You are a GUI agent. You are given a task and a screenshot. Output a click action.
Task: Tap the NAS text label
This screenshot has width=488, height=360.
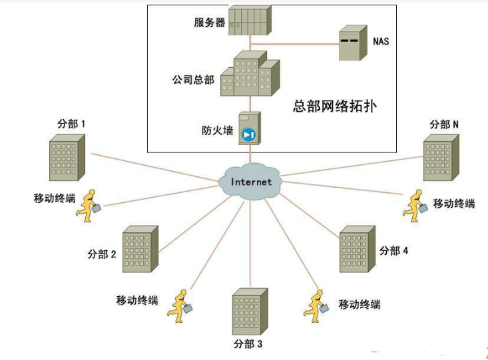[x=381, y=41]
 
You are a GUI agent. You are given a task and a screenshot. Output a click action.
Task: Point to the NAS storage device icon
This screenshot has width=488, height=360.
[x=352, y=43]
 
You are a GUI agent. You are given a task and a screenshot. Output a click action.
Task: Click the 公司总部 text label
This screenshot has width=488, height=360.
[x=193, y=79]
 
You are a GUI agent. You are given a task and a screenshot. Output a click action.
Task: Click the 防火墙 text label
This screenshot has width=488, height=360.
[x=217, y=130]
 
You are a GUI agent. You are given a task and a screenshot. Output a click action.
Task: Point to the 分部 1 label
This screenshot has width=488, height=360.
[x=73, y=124]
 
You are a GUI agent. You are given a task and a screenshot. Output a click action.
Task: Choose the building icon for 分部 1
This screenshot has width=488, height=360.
[x=67, y=158]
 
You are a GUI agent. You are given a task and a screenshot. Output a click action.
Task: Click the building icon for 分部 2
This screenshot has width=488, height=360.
[x=140, y=250]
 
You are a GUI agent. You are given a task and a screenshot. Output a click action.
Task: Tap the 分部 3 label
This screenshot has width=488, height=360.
[x=248, y=344]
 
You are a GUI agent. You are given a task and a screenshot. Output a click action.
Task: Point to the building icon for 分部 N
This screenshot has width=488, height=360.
[x=441, y=158]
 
